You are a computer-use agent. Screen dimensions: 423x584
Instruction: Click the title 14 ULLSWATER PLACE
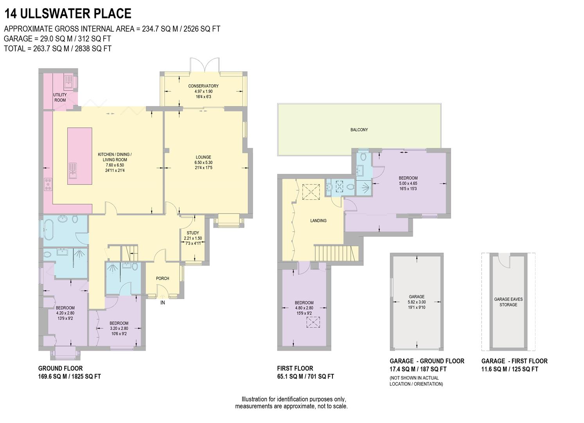tap(68, 14)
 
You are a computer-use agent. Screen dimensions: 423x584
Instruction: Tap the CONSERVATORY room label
tap(203, 86)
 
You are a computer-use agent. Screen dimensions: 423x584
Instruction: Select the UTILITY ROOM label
tap(60, 98)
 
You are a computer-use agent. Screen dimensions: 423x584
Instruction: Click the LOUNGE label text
tap(203, 157)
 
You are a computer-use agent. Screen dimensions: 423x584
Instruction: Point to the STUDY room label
tap(192, 233)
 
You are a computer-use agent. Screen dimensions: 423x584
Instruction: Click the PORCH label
tap(162, 278)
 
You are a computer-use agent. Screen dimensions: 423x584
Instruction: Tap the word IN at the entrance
tap(162, 303)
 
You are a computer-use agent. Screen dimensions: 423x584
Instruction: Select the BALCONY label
tap(359, 130)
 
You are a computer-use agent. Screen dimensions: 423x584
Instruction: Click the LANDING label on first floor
tap(318, 221)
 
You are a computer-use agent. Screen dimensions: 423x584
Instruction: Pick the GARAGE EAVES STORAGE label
tap(508, 302)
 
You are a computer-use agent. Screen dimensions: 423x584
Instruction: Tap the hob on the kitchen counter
tap(48, 184)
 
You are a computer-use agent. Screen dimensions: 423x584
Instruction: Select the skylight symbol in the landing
tap(312, 192)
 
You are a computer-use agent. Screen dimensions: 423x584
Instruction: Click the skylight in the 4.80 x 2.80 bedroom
tap(313, 322)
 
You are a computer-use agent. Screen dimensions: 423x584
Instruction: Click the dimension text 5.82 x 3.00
tap(417, 302)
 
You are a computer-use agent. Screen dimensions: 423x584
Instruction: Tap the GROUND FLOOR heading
tap(60, 369)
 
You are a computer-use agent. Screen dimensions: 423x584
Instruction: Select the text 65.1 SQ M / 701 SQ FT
tap(305, 377)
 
